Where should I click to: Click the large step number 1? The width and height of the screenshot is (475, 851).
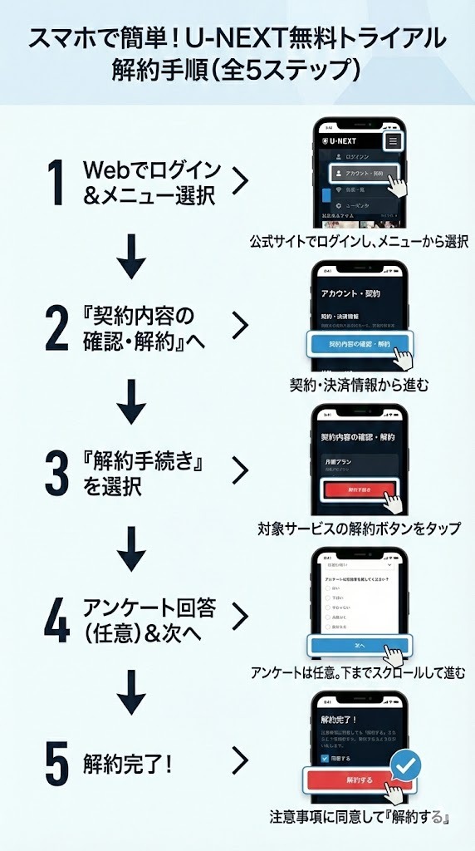(56, 183)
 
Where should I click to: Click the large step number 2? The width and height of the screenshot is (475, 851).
(56, 328)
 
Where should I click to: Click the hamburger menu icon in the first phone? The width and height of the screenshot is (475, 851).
(393, 141)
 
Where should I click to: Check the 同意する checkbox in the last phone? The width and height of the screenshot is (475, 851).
(324, 759)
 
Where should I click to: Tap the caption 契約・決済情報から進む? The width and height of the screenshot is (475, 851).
(359, 385)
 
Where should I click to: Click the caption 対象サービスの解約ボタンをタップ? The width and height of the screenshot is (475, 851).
(359, 529)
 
